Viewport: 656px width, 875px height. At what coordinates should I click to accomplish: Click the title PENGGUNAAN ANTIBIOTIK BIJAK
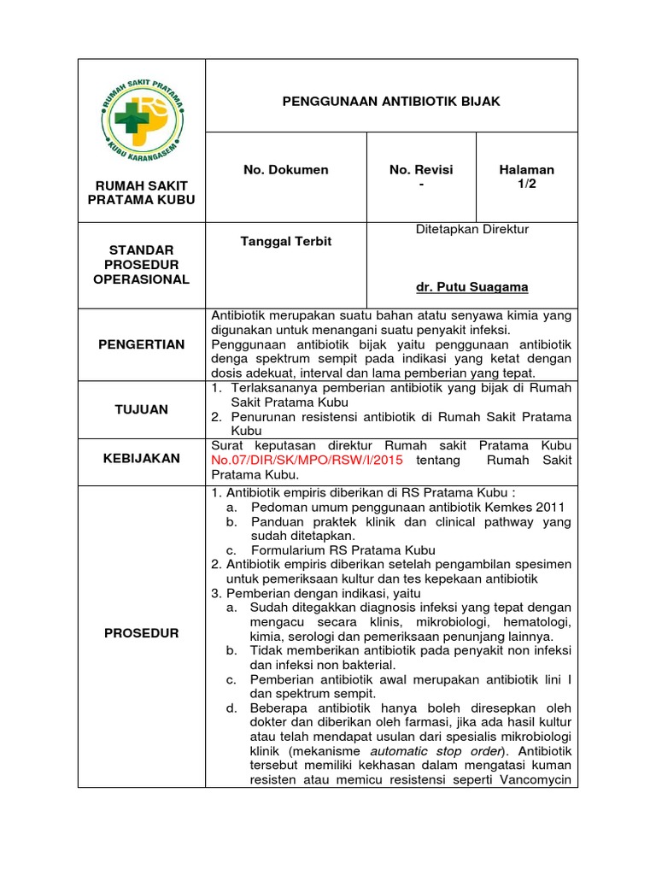[391, 102]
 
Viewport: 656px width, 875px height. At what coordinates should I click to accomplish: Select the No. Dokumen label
[285, 170]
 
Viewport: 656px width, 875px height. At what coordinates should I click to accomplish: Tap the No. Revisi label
[421, 170]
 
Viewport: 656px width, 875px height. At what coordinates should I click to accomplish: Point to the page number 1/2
[526, 185]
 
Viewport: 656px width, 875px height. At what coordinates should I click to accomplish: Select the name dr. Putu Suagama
[471, 287]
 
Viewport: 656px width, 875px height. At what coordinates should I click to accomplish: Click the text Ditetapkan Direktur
[472, 229]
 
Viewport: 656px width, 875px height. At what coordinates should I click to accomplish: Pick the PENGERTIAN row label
[142, 344]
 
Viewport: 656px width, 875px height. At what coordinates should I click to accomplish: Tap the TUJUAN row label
[142, 409]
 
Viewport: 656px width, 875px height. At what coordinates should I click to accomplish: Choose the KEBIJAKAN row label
[142, 458]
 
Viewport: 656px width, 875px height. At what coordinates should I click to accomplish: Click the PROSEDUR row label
[142, 633]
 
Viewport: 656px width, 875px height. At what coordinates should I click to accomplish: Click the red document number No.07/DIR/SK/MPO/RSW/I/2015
[307, 461]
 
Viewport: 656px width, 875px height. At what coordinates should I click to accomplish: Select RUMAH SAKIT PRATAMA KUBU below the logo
[142, 192]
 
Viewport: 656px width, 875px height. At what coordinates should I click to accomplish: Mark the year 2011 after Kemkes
[550, 507]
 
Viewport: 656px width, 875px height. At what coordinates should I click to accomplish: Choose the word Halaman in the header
[526, 170]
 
